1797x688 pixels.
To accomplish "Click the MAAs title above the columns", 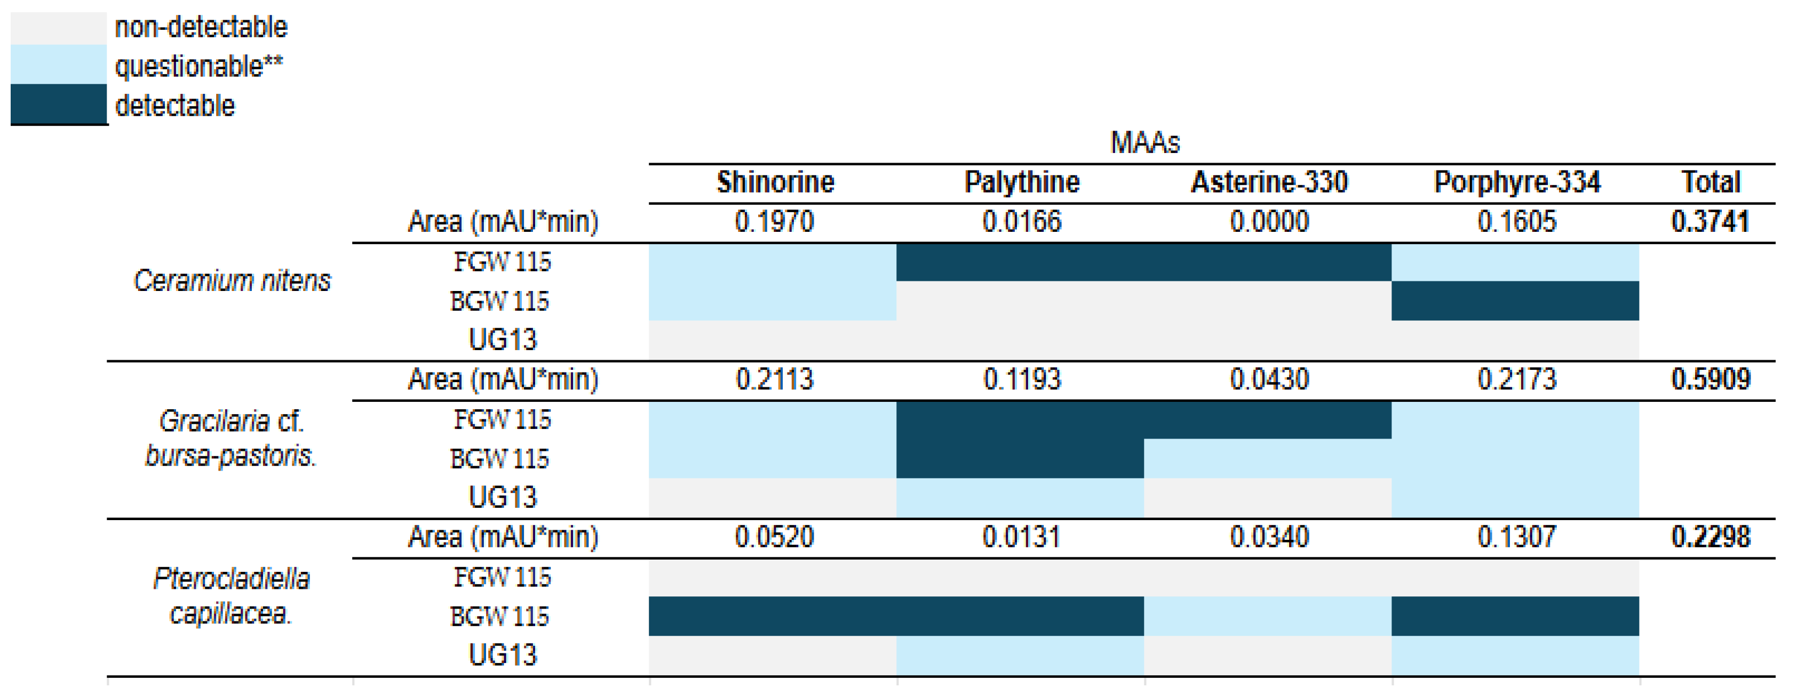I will coord(1145,143).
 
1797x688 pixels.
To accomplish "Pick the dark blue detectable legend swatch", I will coord(59,104).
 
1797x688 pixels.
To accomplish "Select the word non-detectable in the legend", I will coord(201,27).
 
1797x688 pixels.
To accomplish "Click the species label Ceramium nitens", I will coord(232,280).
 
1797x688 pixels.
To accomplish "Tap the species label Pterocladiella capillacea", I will coord(231,596).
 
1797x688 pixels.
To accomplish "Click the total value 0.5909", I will coord(1711,379).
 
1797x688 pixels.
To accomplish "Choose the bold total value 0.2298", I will coord(1711,537).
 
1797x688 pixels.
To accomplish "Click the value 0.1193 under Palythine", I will coord(1022,379).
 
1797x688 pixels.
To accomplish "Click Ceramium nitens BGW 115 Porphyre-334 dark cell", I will coord(1515,301).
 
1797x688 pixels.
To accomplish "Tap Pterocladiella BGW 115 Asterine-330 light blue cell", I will coord(1268,616).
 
